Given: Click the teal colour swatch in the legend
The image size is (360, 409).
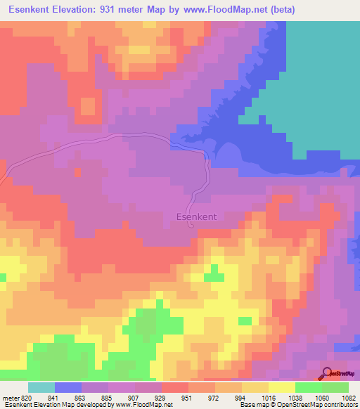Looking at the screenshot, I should pyautogui.click(x=41, y=387).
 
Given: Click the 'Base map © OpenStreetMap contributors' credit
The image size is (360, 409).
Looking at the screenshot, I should pyautogui.click(x=297, y=405).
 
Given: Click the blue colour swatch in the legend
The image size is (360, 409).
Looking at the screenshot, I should pyautogui.click(x=68, y=387).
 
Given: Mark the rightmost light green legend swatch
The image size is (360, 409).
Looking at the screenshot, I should pyautogui.click(x=335, y=387).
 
